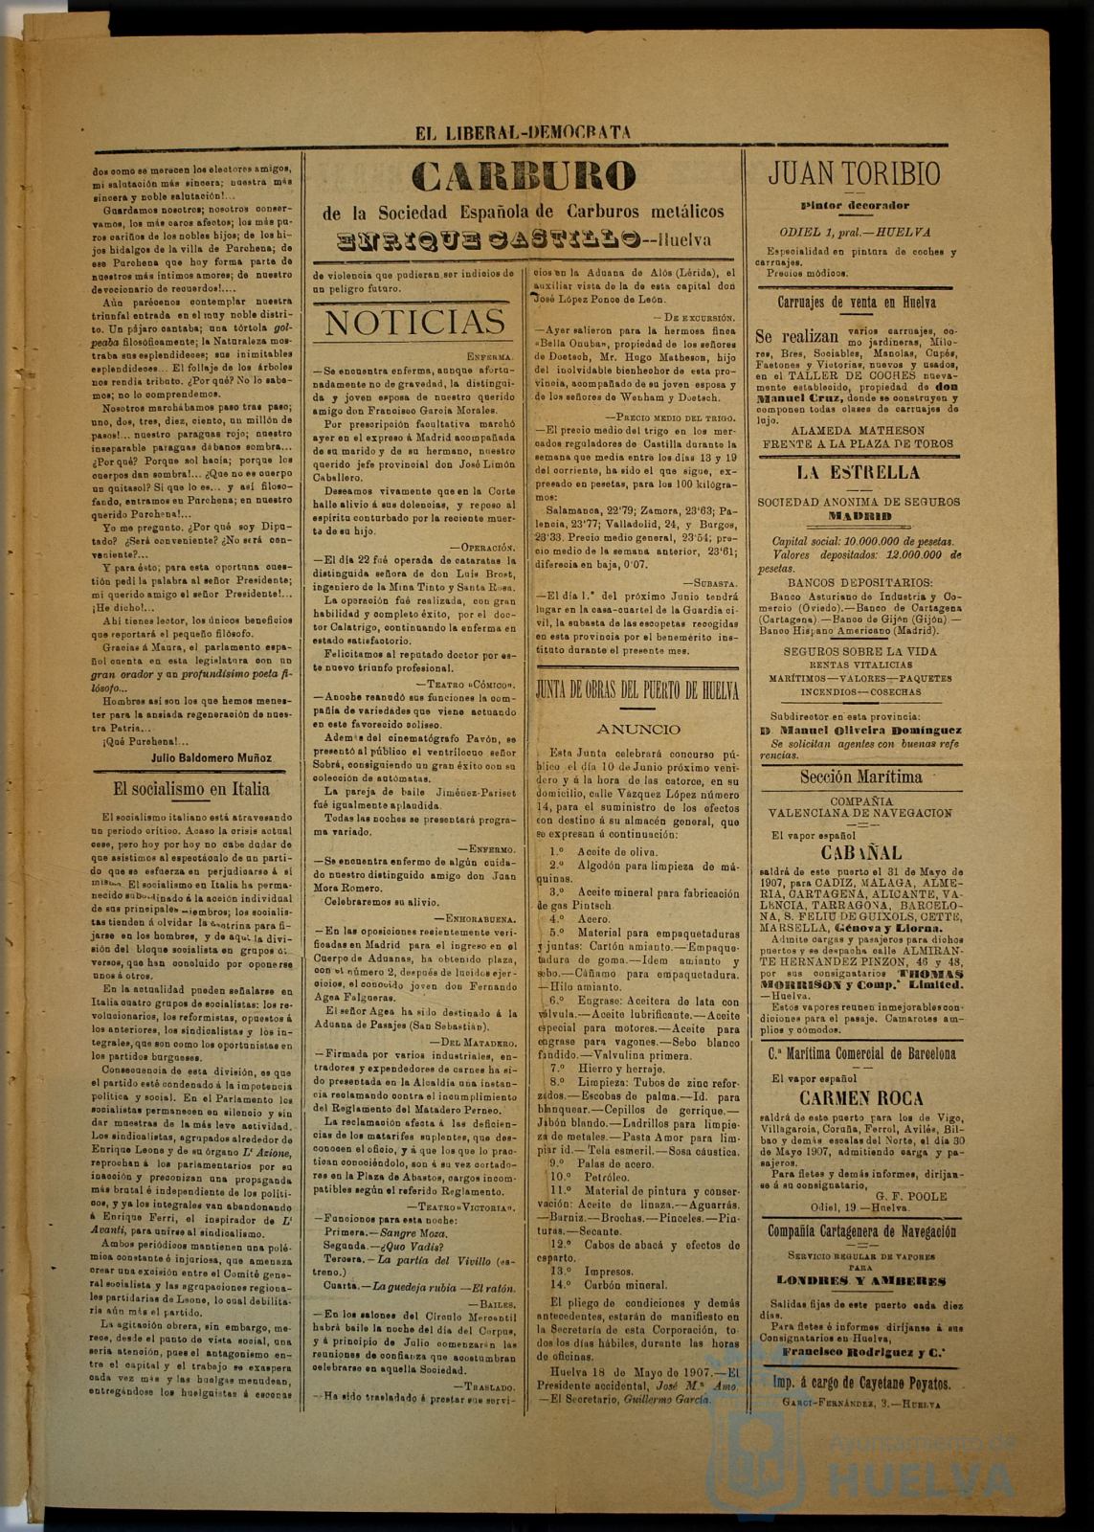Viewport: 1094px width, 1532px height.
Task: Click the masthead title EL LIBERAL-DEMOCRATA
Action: pyautogui.click(x=523, y=133)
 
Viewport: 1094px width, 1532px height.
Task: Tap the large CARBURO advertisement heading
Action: pyautogui.click(x=524, y=176)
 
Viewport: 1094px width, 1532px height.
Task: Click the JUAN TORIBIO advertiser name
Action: pyautogui.click(x=854, y=173)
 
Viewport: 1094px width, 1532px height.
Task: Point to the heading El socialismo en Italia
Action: pyautogui.click(x=191, y=789)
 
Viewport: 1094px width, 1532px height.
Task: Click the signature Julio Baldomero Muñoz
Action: pyautogui.click(x=212, y=757)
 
